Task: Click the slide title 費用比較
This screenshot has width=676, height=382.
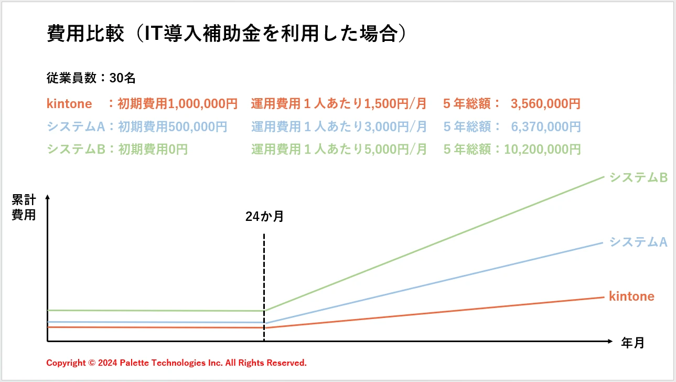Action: [86, 34]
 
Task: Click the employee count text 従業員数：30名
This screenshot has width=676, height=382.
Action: [91, 78]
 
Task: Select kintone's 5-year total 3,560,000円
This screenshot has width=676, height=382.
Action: [545, 103]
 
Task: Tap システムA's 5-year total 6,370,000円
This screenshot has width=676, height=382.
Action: [545, 126]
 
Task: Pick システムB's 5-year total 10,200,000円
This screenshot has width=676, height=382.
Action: [542, 149]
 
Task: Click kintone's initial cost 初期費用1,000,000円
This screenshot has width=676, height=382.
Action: [177, 103]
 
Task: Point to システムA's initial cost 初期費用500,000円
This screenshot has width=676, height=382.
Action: [173, 126]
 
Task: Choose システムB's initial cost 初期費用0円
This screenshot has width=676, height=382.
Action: [153, 149]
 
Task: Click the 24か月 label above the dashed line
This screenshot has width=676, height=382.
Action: [264, 217]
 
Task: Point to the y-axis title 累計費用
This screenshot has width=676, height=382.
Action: [24, 207]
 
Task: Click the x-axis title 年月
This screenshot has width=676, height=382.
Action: [632, 343]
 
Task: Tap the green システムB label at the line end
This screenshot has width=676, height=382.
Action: [638, 178]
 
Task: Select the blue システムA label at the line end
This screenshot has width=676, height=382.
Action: [638, 242]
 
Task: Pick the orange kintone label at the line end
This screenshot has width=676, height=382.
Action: [631, 296]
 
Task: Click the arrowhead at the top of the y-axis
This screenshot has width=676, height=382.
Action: [48, 197]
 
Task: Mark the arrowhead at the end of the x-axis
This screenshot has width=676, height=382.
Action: [609, 341]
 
